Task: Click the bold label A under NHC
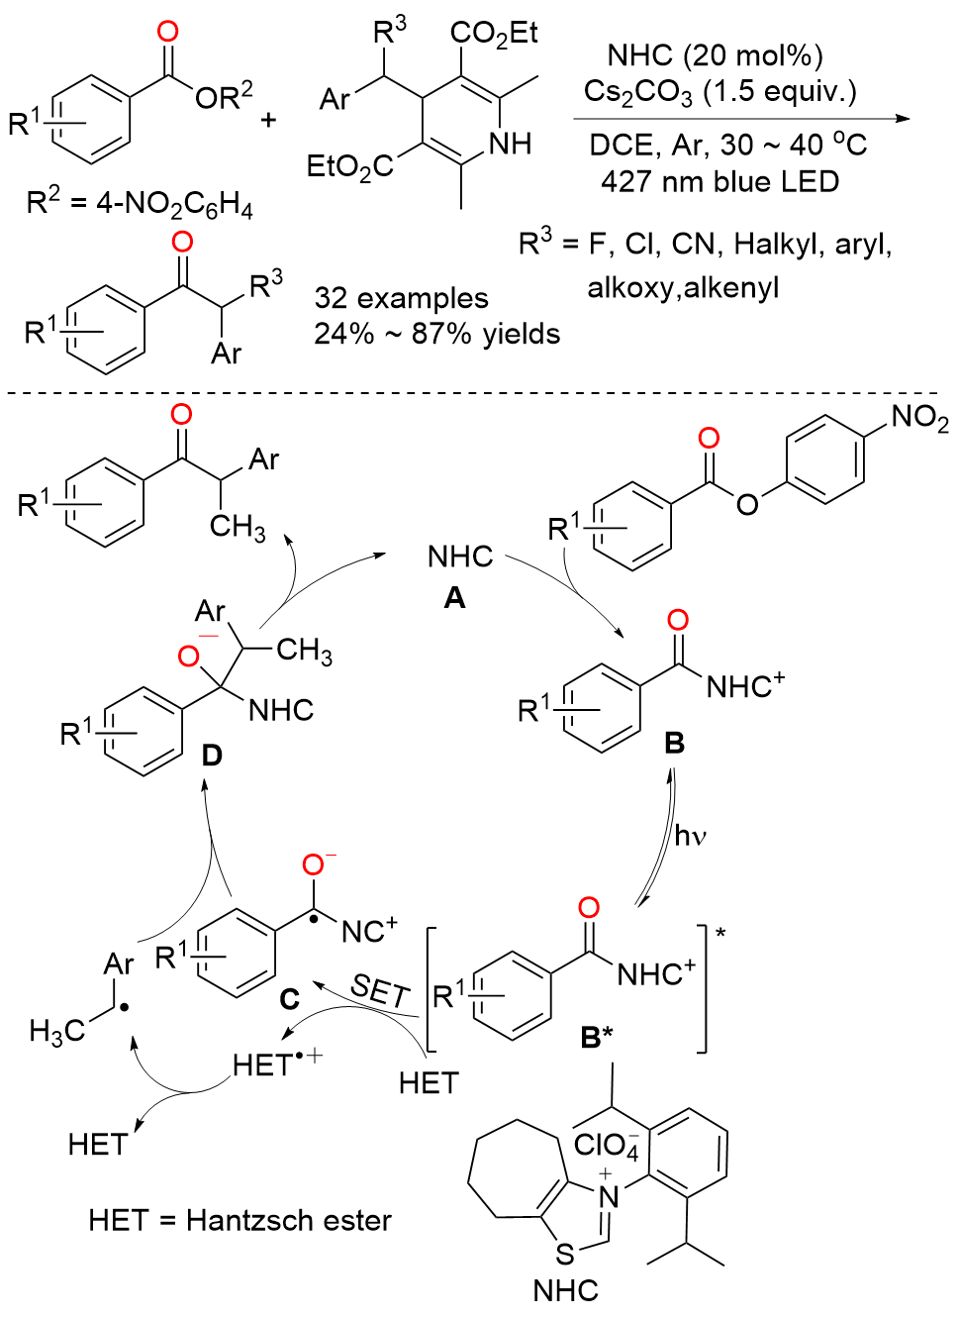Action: [454, 597]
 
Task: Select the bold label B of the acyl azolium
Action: [674, 743]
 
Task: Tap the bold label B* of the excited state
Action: [597, 1037]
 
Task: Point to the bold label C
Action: [289, 998]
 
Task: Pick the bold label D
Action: [212, 756]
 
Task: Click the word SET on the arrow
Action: [380, 990]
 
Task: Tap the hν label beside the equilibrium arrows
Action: [690, 836]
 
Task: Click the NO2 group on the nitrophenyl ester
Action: [918, 418]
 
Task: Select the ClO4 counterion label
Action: [606, 1145]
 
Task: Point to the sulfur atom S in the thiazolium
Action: [564, 1254]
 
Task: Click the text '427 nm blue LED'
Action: [719, 182]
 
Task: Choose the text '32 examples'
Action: [401, 298]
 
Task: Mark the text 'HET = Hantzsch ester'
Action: [240, 1220]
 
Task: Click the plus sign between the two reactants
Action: [268, 120]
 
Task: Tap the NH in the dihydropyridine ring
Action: [510, 145]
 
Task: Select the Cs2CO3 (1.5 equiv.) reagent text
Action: [719, 92]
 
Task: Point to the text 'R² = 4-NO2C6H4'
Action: [140, 204]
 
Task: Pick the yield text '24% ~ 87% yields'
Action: [436, 334]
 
